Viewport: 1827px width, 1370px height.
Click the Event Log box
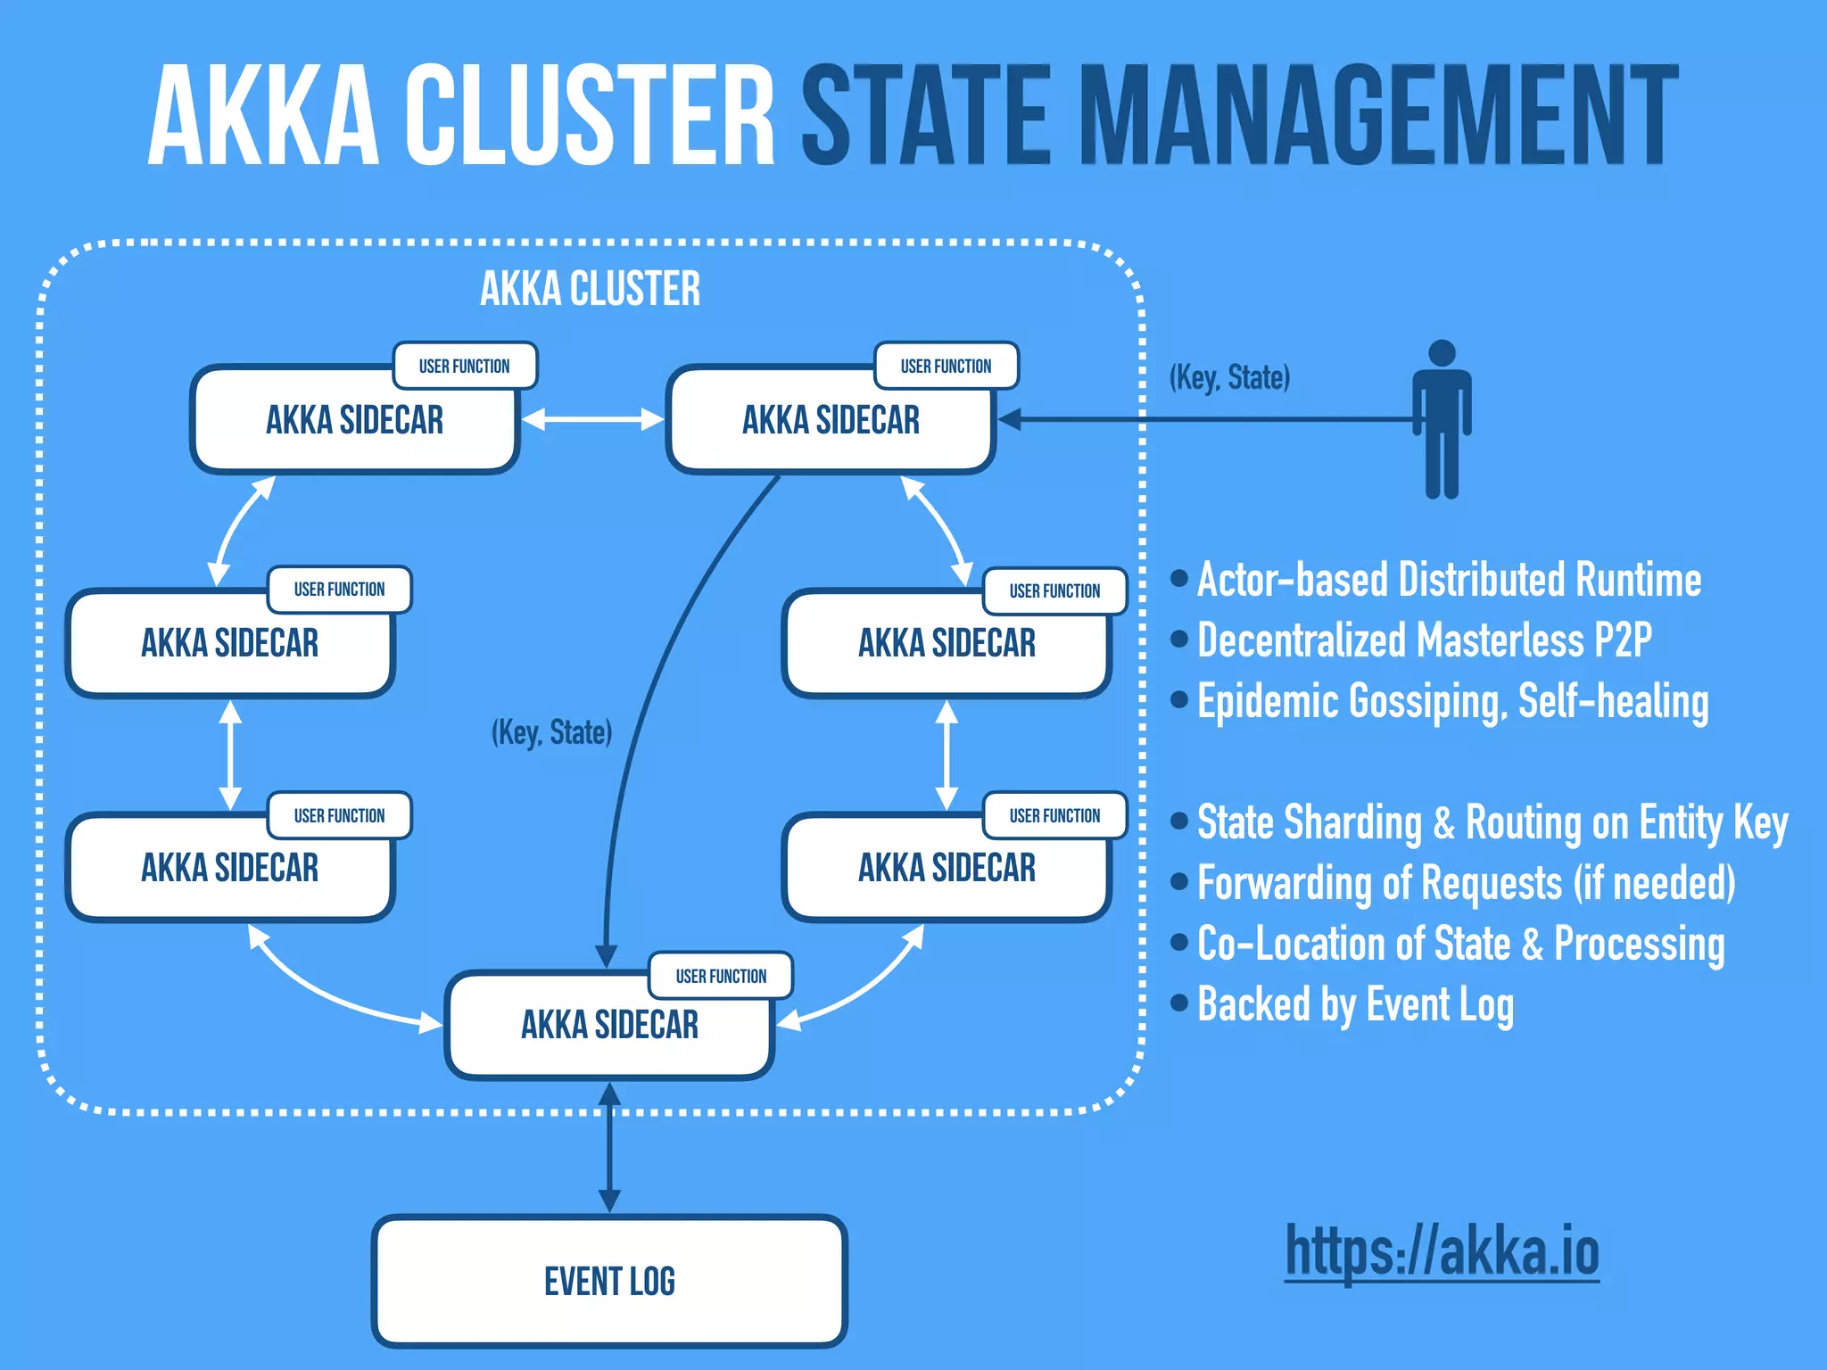[x=609, y=1281]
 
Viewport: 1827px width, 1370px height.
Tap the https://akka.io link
[x=1442, y=1250]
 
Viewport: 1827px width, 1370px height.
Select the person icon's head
[x=1442, y=353]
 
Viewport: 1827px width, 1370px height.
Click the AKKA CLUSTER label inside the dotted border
[x=590, y=289]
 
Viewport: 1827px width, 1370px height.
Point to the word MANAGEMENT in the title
[x=1378, y=116]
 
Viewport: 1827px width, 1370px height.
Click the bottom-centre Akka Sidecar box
[x=609, y=1026]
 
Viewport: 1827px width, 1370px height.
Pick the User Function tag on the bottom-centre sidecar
[x=721, y=976]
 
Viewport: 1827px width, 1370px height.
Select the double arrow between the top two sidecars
[x=592, y=419]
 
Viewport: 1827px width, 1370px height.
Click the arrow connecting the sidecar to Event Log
[x=609, y=1149]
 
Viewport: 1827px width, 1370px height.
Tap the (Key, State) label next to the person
[x=1229, y=377]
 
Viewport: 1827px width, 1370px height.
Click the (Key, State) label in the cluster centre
[x=551, y=732]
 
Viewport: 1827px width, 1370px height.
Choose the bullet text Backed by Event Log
[x=1354, y=1004]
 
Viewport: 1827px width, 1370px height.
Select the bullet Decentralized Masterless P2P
[x=1424, y=640]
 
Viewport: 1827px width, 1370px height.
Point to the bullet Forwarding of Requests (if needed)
[x=1466, y=883]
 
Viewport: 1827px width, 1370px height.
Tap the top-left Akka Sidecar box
[x=354, y=420]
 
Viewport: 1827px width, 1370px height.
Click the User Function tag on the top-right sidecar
[x=946, y=366]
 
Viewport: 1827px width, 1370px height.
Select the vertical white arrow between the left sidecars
[x=231, y=755]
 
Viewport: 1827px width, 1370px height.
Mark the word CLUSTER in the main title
[x=590, y=116]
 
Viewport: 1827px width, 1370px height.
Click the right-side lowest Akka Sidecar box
[x=947, y=868]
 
